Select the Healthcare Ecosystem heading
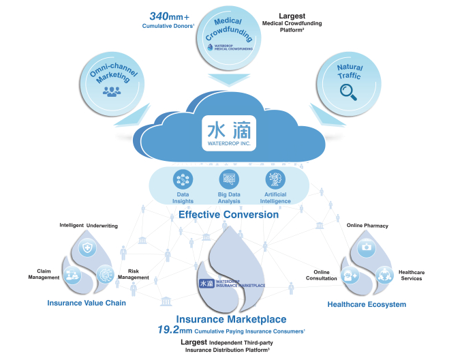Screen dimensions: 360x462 [x=367, y=303]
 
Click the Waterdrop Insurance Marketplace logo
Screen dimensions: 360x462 [x=231, y=283]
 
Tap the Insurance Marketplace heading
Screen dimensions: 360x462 [x=231, y=318]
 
